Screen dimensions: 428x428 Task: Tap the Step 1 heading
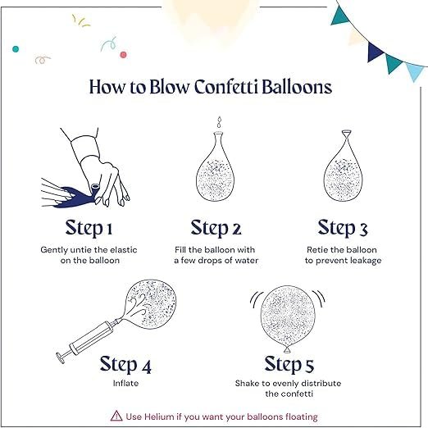(x=89, y=229)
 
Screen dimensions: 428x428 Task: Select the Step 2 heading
(x=216, y=229)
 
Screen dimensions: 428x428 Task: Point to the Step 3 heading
(x=343, y=229)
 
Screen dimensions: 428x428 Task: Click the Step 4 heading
(x=125, y=364)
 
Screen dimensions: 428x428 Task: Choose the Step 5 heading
(x=289, y=364)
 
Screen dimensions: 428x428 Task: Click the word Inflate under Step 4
(x=125, y=383)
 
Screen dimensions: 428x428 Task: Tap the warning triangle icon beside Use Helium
(x=116, y=416)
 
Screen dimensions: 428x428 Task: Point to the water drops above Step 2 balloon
(x=219, y=122)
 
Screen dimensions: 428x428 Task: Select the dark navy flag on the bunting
(x=375, y=52)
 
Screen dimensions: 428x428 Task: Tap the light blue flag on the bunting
(x=414, y=71)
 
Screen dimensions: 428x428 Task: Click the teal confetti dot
(x=16, y=49)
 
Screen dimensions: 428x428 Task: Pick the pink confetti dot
(x=123, y=55)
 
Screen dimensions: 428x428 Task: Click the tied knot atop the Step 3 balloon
(x=346, y=135)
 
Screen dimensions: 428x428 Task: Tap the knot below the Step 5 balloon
(x=287, y=349)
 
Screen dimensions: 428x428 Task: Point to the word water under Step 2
(x=247, y=260)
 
